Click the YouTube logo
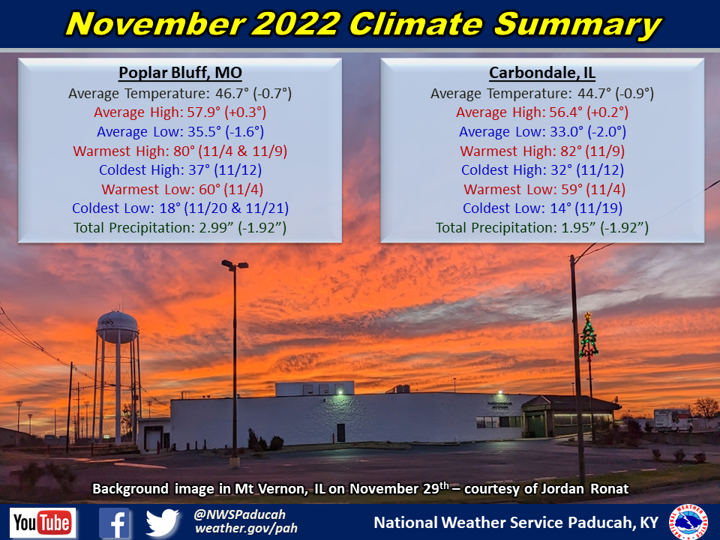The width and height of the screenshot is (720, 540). point(43,523)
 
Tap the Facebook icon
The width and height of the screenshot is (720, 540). point(115,523)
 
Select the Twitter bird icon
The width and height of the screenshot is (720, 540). point(162,523)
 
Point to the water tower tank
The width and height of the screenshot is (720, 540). point(117,325)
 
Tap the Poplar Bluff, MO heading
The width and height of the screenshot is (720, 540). point(179,73)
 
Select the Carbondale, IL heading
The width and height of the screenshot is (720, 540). point(541,73)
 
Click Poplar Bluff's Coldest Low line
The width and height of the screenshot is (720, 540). point(180,208)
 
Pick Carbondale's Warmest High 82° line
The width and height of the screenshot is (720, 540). point(542,151)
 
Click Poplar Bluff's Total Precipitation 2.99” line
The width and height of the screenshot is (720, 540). point(180,227)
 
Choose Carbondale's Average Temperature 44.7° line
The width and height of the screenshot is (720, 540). point(542,94)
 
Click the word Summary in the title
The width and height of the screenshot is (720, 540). point(577,24)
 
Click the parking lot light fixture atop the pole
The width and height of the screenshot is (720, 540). point(235,265)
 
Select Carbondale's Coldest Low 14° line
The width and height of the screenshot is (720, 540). point(542,208)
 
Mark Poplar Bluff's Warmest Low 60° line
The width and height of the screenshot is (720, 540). point(180,189)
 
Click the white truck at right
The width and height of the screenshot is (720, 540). point(672,420)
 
